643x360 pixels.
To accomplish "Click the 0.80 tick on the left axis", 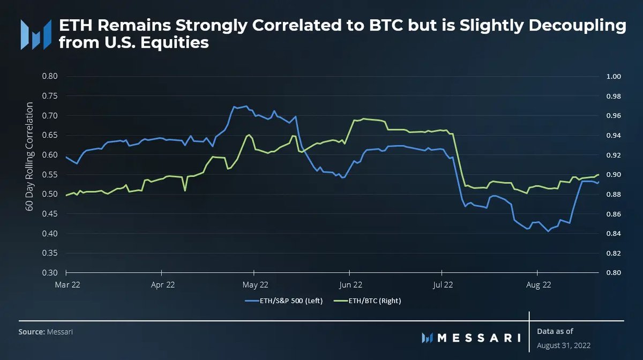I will coord(50,76).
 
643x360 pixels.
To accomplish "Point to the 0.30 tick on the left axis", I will coord(50,273).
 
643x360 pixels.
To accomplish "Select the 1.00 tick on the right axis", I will coord(613,77).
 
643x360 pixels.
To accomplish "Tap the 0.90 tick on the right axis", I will coord(613,175).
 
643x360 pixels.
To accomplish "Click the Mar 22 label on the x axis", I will coord(68,284).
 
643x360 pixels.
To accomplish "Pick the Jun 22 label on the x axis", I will coord(350,284).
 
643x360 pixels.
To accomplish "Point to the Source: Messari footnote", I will coord(46,332).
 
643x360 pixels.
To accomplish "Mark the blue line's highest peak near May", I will coord(245,106).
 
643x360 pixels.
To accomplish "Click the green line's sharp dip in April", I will coord(185,190).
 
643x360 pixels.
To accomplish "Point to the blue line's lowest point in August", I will coord(548,231).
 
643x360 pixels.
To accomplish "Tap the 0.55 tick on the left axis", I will coord(50,175).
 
